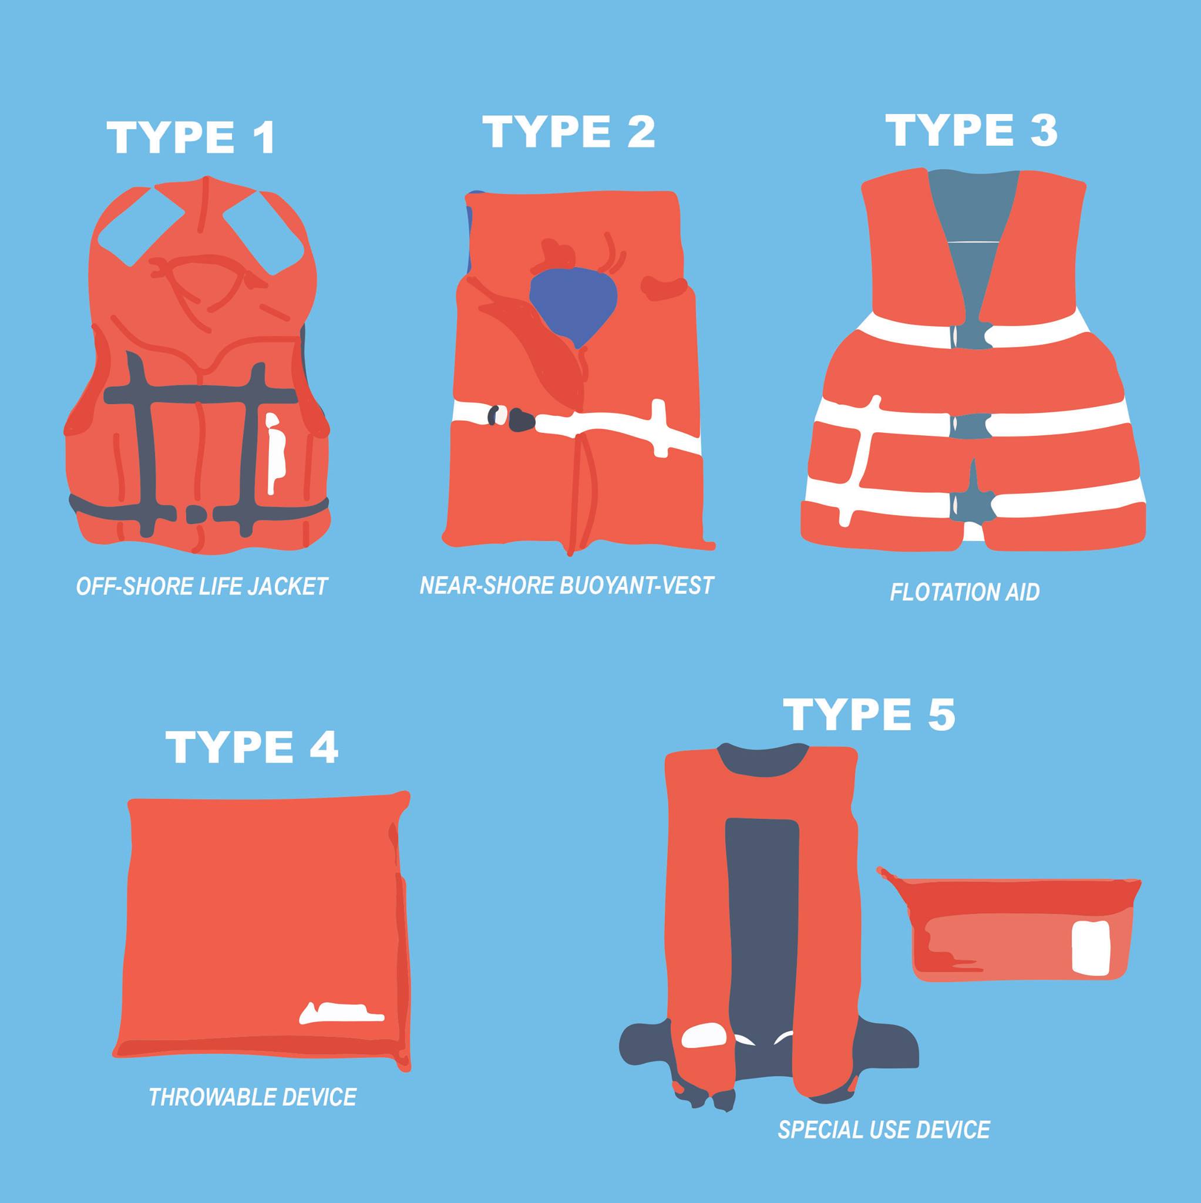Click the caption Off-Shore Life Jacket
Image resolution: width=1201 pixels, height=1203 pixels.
point(201,587)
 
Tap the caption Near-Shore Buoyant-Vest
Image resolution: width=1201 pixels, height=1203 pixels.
point(566,584)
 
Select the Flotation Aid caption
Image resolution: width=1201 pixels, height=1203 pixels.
point(964,592)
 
